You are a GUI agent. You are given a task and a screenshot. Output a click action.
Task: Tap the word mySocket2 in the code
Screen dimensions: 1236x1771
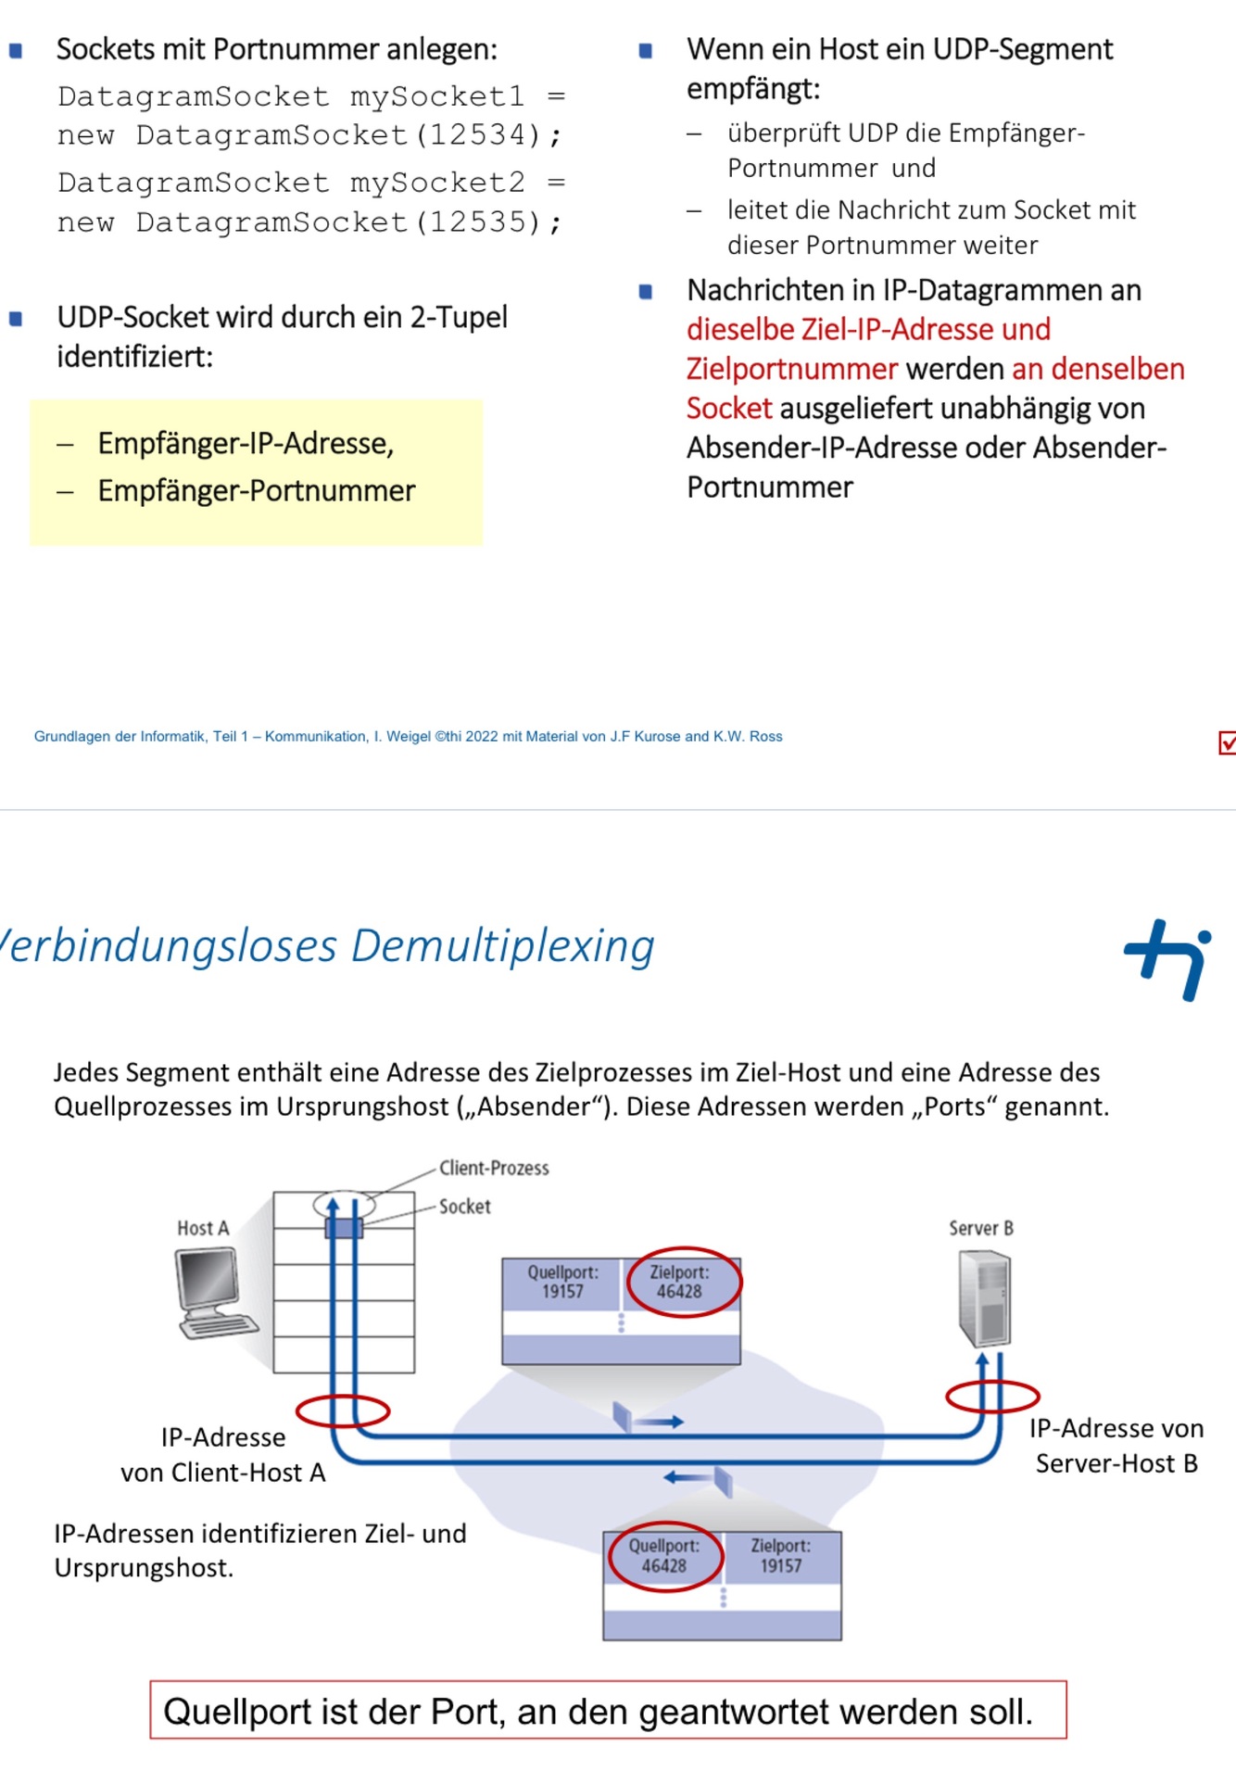tap(437, 183)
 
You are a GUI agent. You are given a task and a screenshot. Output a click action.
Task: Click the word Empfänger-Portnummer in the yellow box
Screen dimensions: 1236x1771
tap(257, 490)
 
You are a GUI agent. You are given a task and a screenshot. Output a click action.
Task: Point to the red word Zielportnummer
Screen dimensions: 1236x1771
tap(792, 369)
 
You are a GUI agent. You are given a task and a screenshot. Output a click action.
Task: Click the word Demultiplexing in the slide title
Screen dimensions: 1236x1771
tap(503, 946)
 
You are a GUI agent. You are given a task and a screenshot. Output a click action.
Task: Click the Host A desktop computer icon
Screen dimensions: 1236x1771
tap(214, 1292)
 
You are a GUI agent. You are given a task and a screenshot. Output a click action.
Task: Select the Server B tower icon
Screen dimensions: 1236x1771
tap(985, 1298)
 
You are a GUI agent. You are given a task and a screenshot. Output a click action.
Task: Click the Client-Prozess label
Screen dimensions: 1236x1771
tap(494, 1168)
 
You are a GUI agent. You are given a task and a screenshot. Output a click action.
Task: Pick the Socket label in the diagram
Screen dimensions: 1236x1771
tap(464, 1207)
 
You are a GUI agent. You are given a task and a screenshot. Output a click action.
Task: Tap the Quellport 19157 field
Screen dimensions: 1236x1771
tap(562, 1283)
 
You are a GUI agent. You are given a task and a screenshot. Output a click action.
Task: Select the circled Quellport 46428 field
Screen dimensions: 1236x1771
tap(664, 1556)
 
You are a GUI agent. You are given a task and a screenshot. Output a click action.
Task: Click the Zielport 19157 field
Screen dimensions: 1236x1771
tap(781, 1556)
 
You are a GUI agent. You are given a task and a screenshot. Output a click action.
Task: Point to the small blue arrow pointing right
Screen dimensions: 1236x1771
tap(663, 1422)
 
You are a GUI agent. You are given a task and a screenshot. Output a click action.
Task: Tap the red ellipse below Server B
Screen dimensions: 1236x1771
tap(992, 1396)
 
